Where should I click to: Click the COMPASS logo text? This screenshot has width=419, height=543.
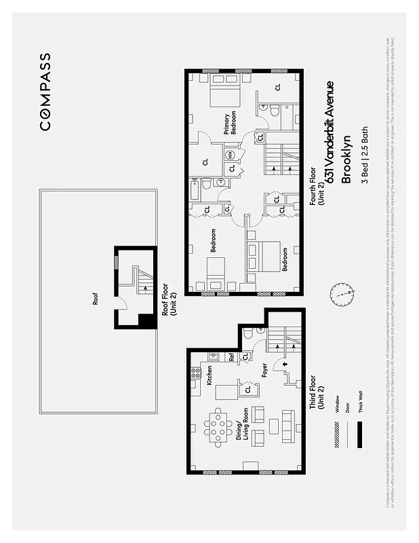(x=44, y=91)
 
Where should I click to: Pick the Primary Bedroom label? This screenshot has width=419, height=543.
(x=231, y=124)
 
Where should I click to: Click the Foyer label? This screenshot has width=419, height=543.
(x=265, y=371)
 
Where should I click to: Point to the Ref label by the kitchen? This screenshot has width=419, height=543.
(x=231, y=356)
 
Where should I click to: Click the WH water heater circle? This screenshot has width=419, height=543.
(x=231, y=155)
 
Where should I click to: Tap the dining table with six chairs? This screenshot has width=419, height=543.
(x=218, y=428)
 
